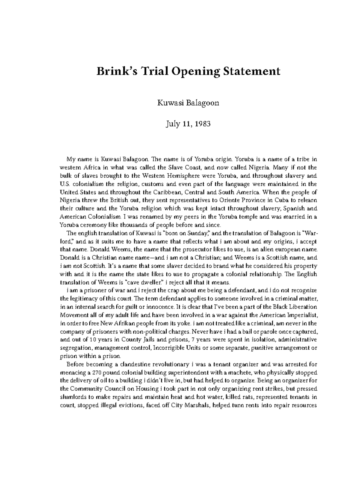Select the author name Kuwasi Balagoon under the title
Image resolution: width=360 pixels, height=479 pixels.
[188, 103]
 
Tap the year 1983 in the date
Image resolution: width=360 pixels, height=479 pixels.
[202, 123]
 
